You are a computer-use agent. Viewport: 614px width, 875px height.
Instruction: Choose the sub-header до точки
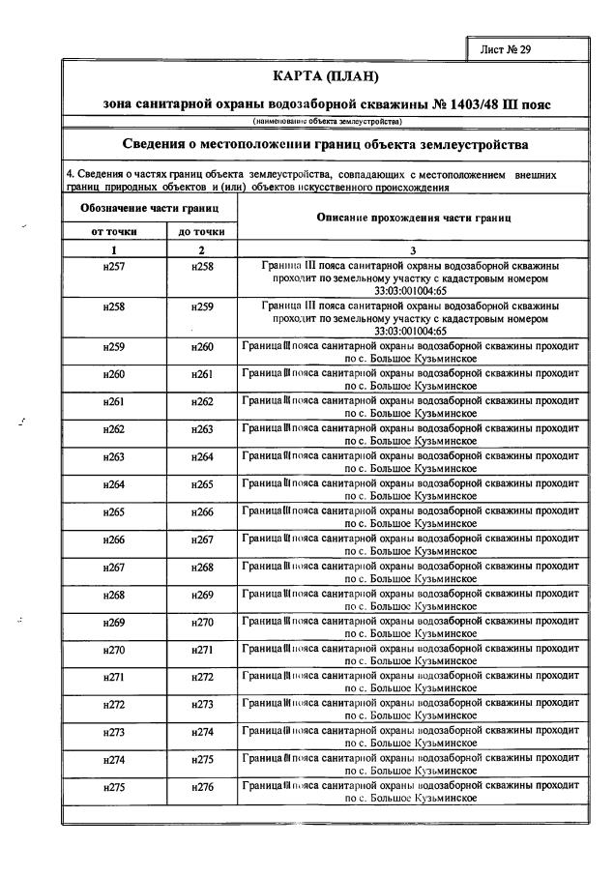pyautogui.click(x=202, y=232)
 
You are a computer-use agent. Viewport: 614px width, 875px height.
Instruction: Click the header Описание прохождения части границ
pyautogui.click(x=414, y=219)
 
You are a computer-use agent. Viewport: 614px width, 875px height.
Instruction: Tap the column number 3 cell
pyautogui.click(x=414, y=248)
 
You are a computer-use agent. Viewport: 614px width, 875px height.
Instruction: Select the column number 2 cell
pyautogui.click(x=202, y=248)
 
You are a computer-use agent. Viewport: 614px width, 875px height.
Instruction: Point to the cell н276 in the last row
pyautogui.click(x=202, y=788)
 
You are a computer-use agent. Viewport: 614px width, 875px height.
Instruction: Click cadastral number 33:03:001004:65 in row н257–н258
pyautogui.click(x=414, y=288)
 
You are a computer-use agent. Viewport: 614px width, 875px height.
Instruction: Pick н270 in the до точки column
pyautogui.click(x=202, y=622)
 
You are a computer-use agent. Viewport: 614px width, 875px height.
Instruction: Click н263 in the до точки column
pyautogui.click(x=202, y=429)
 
